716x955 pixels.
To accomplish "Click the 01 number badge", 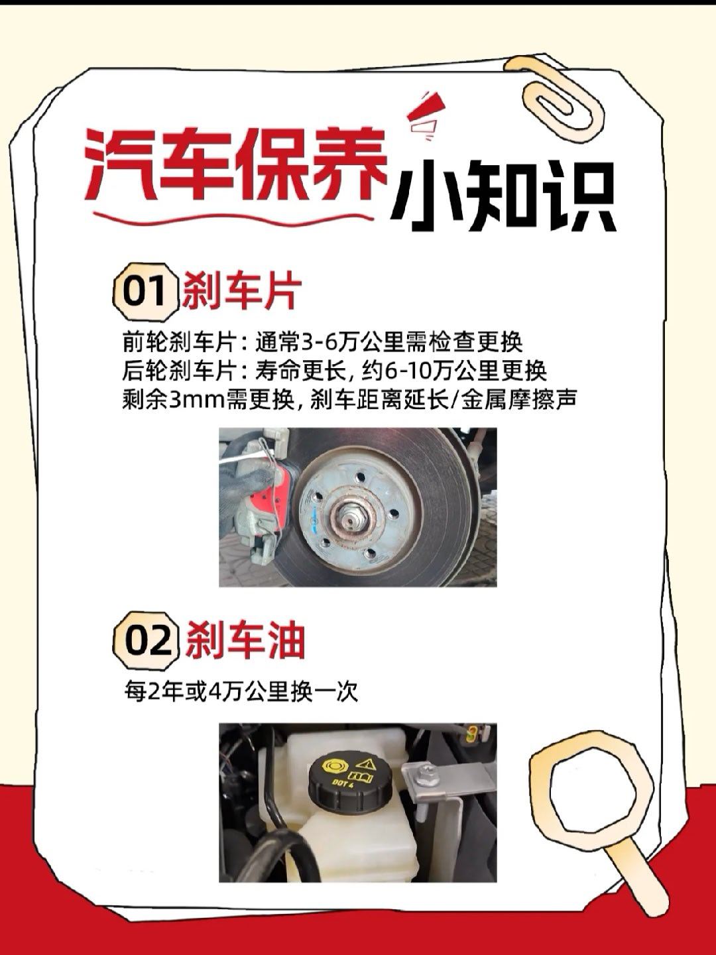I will tap(145, 292).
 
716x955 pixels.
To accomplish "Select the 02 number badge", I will tap(145, 641).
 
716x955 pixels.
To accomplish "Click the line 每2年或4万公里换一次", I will tap(241, 692).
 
